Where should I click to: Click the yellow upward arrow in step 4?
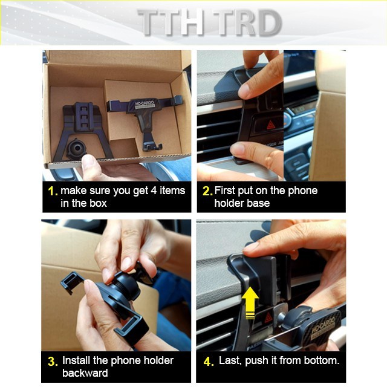pyautogui.click(x=250, y=302)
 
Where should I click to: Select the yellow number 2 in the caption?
pyautogui.click(x=206, y=191)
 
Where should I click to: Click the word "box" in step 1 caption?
pyautogui.click(x=98, y=203)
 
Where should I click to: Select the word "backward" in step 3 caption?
pyautogui.click(x=85, y=373)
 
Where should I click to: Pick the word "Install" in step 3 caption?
pyautogui.click(x=76, y=360)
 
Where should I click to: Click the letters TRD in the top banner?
pyautogui.click(x=248, y=23)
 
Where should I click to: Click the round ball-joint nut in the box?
pyautogui.click(x=77, y=149)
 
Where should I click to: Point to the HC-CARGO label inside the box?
pyautogui.click(x=145, y=104)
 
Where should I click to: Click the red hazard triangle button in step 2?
pyautogui.click(x=271, y=125)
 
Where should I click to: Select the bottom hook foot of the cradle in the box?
pyautogui.click(x=152, y=148)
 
